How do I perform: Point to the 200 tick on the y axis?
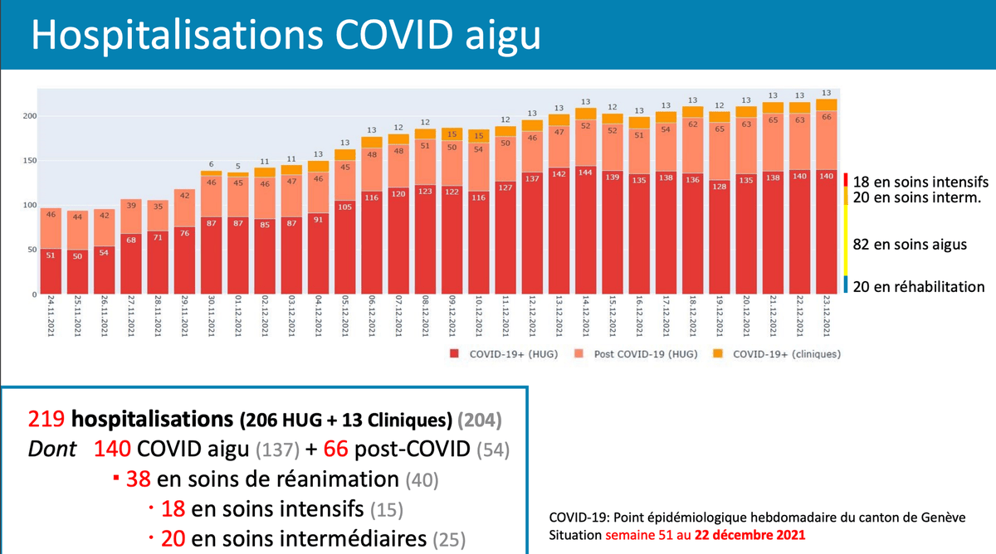[x=27, y=116]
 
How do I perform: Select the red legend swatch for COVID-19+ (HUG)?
[x=454, y=355]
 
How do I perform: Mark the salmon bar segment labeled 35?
[x=158, y=207]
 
